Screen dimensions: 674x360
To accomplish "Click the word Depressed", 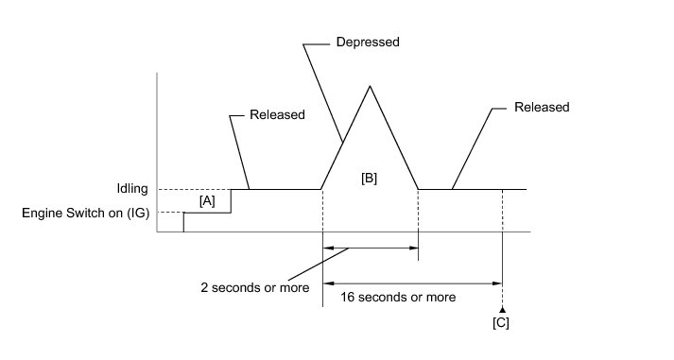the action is [x=368, y=43].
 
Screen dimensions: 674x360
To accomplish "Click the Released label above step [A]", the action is [x=277, y=114].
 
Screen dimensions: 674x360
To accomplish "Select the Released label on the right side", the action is [x=542, y=107].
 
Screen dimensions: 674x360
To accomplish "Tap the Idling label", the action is [x=132, y=189].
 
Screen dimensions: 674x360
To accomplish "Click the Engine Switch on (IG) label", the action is [x=85, y=214].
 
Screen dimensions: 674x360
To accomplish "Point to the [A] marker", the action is [x=207, y=201].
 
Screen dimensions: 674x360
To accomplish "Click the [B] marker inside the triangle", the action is [x=370, y=178].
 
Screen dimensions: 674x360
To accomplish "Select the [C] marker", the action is [x=501, y=322].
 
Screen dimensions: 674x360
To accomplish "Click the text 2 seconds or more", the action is [x=255, y=287].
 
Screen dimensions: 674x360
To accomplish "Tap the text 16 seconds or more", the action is [x=398, y=297].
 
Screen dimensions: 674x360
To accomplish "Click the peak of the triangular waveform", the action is [x=370, y=86].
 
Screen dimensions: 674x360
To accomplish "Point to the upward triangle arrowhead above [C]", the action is [x=502, y=309].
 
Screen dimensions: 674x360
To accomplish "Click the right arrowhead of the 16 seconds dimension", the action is [x=497, y=283].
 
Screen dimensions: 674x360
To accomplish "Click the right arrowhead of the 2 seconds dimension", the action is [x=414, y=248].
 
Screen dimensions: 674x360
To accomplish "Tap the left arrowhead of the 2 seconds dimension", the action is [x=327, y=248].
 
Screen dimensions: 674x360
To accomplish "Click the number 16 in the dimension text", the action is [x=347, y=297].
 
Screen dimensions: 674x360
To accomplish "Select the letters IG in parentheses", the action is [x=138, y=214].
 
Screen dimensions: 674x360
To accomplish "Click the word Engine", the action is [x=43, y=214].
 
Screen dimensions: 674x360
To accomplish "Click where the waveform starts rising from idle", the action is [x=321, y=189].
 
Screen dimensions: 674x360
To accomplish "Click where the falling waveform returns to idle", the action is [x=418, y=189].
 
